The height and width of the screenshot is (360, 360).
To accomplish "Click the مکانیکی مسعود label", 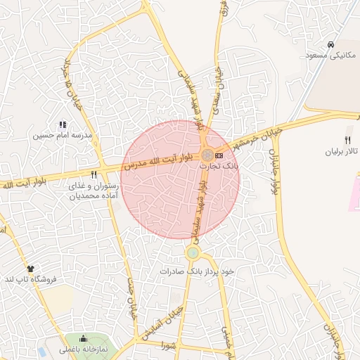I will click(x=331, y=55).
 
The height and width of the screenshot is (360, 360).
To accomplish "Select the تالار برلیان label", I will click(x=341, y=151).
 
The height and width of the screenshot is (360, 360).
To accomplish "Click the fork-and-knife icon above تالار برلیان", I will click(x=347, y=140).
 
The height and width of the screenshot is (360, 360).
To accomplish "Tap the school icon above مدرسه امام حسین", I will click(x=63, y=124).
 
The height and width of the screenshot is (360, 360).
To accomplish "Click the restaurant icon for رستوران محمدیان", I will click(x=94, y=174).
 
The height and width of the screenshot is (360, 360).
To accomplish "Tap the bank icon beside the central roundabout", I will click(x=219, y=155).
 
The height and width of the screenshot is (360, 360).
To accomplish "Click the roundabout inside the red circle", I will click(x=207, y=155).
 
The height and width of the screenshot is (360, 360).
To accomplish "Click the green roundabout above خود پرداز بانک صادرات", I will click(x=193, y=252).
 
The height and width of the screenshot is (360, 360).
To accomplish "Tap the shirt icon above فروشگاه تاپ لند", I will click(x=30, y=269).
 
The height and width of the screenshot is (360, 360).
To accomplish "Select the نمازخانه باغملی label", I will click(x=84, y=349).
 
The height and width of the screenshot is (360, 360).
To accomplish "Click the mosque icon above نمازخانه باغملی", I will click(x=84, y=338).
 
